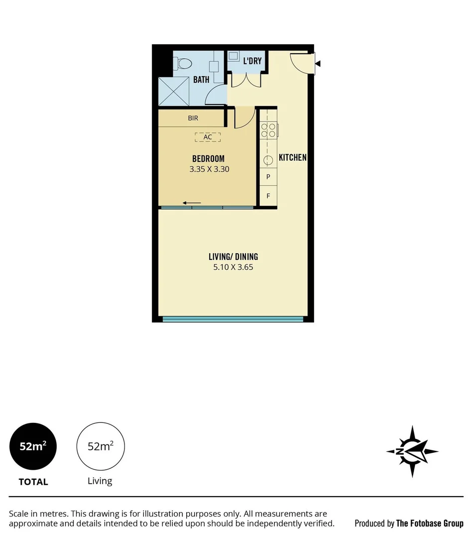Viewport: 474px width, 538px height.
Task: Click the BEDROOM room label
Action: point(208,159)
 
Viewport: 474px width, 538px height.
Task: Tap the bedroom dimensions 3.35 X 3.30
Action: point(209,169)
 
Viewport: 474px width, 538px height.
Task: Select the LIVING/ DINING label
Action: point(233,257)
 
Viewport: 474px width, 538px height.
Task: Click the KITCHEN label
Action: point(292,157)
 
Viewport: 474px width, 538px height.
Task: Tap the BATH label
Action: point(201,79)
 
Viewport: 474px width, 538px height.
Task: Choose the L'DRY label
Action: point(252,62)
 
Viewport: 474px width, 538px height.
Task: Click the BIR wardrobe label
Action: point(193,119)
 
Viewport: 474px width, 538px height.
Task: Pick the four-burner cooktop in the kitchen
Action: point(268,130)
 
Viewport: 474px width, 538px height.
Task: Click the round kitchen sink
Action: point(268,160)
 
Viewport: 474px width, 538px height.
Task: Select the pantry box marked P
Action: point(268,177)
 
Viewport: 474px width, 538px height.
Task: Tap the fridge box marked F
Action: point(268,196)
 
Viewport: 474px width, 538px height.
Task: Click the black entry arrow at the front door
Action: point(318,63)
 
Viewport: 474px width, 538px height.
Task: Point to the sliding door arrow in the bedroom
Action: point(192,203)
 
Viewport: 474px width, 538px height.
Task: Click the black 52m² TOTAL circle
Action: point(33,446)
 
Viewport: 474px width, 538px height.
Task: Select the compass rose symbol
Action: point(412,451)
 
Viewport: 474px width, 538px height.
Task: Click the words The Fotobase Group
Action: point(429,523)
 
